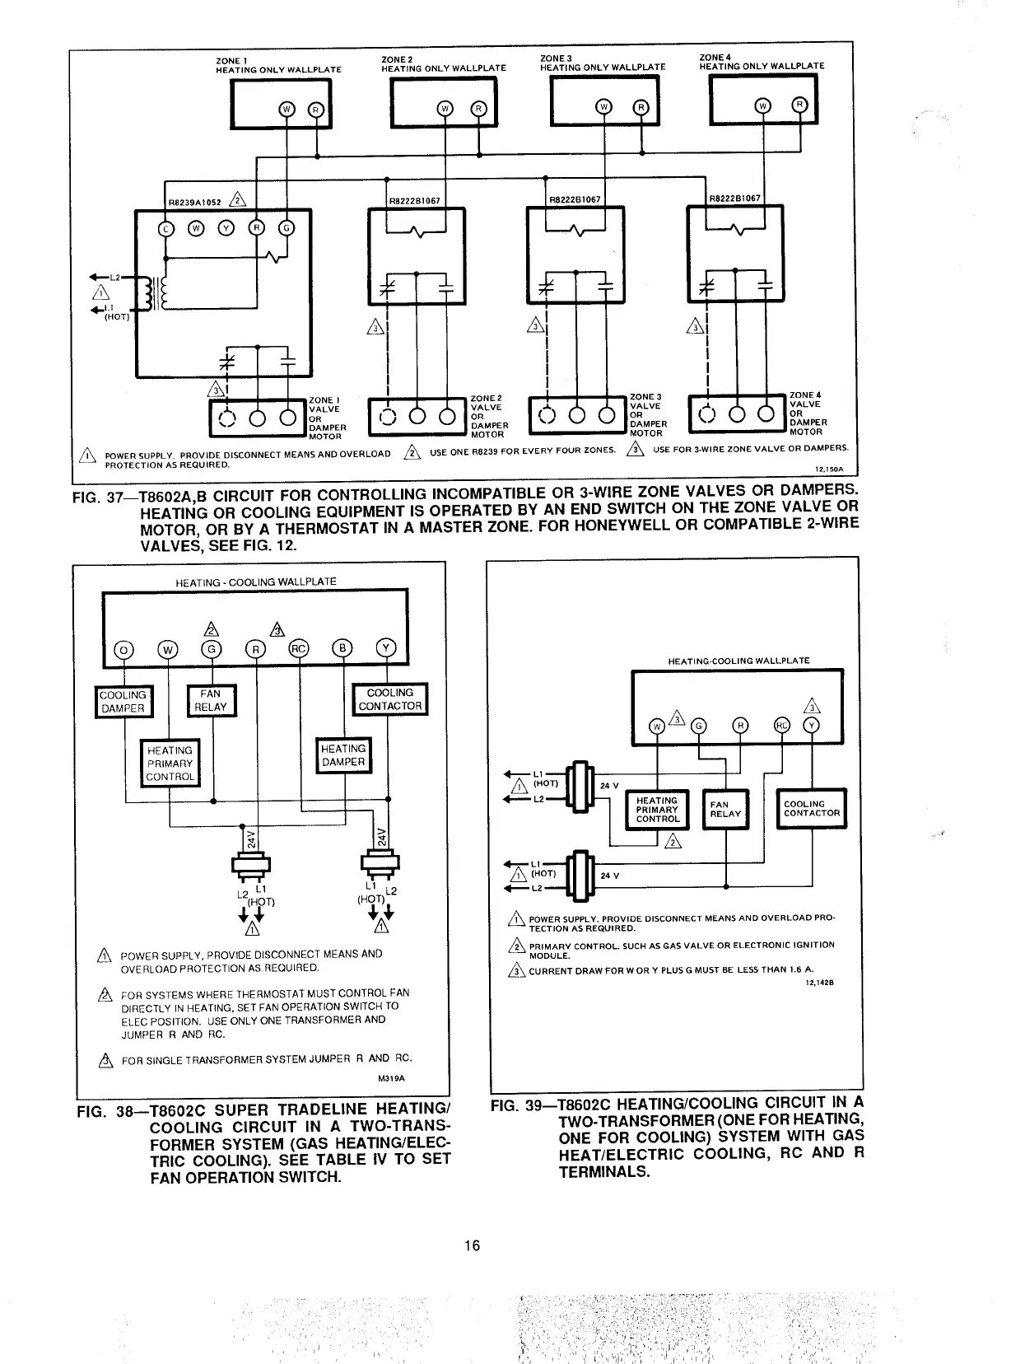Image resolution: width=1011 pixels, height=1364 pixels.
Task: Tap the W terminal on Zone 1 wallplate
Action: (x=286, y=109)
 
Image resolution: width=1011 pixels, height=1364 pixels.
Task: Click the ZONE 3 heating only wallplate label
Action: (x=602, y=63)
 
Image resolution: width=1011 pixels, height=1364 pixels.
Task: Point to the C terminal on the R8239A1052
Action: (x=165, y=228)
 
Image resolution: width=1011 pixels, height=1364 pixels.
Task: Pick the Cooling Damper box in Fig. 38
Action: (x=123, y=701)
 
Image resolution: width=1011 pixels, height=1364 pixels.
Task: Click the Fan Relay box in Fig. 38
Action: (x=212, y=700)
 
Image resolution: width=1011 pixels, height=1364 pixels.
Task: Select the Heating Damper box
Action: (x=344, y=755)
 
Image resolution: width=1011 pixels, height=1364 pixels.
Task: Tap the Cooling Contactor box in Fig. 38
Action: (x=390, y=699)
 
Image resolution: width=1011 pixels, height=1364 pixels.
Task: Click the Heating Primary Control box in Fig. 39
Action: (x=658, y=809)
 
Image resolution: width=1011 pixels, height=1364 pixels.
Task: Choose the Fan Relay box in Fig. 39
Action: (x=725, y=809)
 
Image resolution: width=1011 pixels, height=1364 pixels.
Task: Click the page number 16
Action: (x=471, y=1245)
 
